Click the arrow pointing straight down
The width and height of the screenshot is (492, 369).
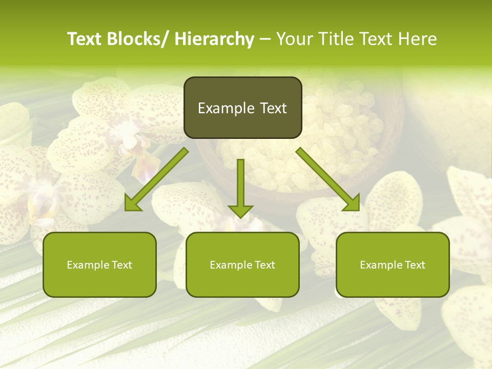tap(240, 187)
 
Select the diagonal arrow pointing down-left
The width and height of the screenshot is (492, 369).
tap(156, 179)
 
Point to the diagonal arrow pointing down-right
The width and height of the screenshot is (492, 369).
tap(328, 179)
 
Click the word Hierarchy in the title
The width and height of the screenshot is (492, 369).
tap(214, 39)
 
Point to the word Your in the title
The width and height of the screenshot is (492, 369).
tap(294, 39)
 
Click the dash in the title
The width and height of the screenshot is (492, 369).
tap(265, 39)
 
